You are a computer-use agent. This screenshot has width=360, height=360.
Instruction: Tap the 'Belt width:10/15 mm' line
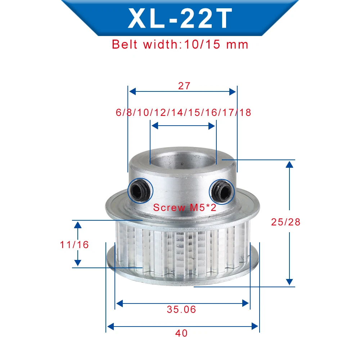tap(180, 44)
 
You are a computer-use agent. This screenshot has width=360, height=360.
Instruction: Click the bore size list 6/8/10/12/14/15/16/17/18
tap(183, 112)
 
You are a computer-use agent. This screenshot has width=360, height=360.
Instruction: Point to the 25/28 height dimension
tap(285, 222)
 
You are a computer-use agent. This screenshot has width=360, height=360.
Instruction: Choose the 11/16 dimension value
tap(74, 244)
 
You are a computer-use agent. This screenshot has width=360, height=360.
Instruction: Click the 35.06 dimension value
tap(181, 309)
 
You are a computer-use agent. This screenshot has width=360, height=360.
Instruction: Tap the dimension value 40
tap(182, 333)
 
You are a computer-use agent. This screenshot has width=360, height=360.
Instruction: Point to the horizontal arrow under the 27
tap(183, 91)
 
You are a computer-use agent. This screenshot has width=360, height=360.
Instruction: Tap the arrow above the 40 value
tap(183, 327)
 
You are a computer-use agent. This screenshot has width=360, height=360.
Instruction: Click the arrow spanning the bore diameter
tap(183, 126)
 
